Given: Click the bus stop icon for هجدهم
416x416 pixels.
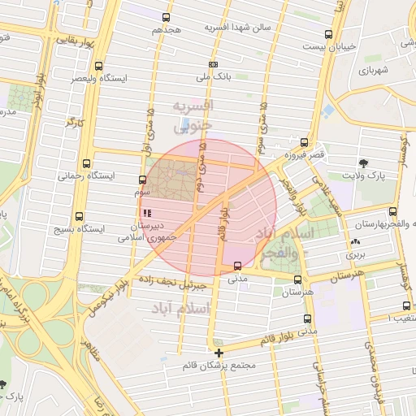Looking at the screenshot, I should click(167, 17).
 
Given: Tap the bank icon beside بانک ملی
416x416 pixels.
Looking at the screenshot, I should click(214, 64).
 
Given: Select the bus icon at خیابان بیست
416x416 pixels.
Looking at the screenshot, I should click(328, 34).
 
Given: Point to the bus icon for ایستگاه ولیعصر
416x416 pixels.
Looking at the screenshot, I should click(98, 66).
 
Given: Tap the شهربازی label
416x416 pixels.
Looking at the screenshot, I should click(375, 71).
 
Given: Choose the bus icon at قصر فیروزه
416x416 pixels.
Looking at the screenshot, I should click(304, 141).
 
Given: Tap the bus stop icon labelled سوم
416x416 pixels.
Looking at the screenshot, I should click(143, 180).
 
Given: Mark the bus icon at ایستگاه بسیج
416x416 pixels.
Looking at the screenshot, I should click(79, 216).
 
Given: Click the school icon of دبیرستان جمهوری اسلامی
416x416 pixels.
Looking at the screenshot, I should click(147, 212).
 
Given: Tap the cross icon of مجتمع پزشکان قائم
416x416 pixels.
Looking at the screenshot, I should click(219, 352).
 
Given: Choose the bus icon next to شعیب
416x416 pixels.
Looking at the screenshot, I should click(406, 306).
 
